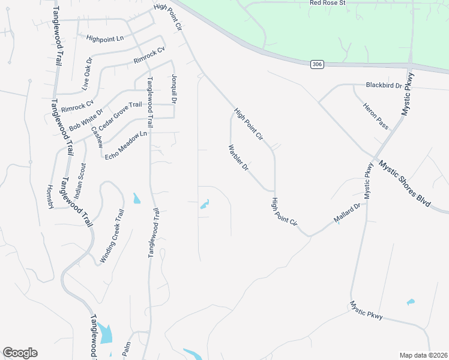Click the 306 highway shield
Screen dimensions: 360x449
click(x=317, y=64)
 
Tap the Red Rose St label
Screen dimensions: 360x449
click(x=328, y=3)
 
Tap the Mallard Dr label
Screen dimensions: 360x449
click(x=348, y=214)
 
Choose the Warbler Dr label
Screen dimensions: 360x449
click(x=238, y=158)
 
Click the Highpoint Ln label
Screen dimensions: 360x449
click(x=104, y=38)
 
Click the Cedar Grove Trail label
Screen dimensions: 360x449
click(x=120, y=116)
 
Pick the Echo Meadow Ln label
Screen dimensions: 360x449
click(x=126, y=146)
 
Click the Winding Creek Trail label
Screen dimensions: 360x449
click(x=112, y=236)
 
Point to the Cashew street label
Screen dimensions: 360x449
click(x=97, y=137)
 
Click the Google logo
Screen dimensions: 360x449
click(x=20, y=353)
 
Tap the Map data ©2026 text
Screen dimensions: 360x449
click(x=424, y=355)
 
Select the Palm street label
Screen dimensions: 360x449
click(x=126, y=349)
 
